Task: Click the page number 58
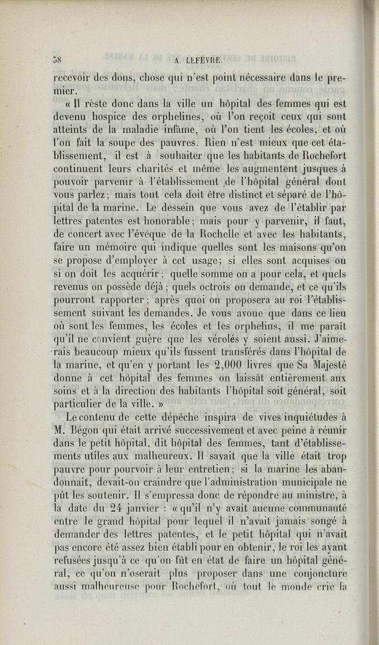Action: (58, 60)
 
